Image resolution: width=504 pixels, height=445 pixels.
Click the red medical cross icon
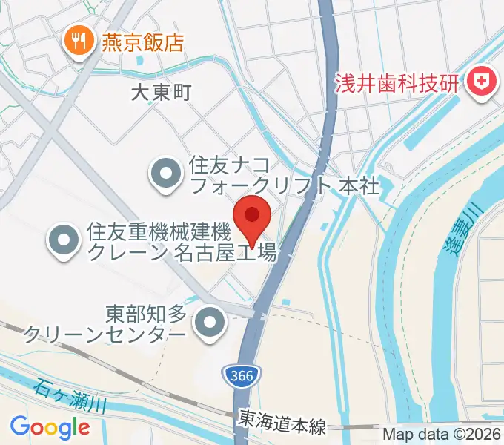tap(483, 82)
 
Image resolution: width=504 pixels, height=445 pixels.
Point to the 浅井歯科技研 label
tap(396, 82)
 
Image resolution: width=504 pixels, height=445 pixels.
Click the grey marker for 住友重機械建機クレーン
tap(64, 242)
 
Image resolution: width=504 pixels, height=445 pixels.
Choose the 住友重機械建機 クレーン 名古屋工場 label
tap(182, 243)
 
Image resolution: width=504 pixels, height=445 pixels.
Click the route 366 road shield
tap(242, 377)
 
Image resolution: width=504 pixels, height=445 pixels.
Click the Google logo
tap(50, 426)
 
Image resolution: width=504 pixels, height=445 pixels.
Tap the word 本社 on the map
tap(359, 185)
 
